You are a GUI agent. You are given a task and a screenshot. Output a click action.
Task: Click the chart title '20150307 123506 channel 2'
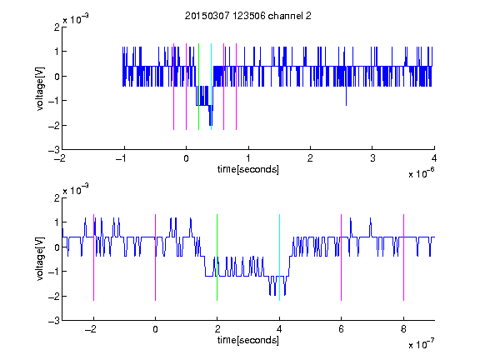point(248,16)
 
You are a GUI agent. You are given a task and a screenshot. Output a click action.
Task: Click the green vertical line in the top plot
point(198,87)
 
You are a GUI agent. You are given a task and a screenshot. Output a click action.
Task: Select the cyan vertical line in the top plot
point(211,87)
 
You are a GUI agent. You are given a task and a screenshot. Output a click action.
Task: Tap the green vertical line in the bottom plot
point(217,257)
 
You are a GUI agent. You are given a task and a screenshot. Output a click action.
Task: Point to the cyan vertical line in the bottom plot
point(279,257)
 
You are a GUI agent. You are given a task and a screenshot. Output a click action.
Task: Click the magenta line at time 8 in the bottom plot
point(404,257)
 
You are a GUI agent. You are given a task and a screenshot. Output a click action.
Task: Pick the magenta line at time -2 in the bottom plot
point(93,257)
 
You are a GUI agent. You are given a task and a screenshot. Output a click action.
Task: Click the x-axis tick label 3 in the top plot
point(372,158)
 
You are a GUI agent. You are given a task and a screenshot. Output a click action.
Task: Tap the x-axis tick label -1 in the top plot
point(122,158)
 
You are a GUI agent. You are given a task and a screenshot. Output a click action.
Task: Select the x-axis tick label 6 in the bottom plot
point(342,329)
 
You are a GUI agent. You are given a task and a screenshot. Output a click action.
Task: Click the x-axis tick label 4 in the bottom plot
point(279,329)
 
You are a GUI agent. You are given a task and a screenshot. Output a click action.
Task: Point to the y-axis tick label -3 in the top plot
point(54,150)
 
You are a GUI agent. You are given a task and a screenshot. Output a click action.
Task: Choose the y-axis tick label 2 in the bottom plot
point(57,197)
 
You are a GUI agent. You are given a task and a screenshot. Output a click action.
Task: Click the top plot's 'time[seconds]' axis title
point(248,169)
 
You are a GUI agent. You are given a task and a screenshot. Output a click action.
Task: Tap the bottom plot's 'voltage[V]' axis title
point(40,259)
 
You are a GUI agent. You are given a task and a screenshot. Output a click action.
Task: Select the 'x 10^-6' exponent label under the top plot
point(421,173)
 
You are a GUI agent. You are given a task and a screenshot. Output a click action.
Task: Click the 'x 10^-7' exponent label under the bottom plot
point(421,344)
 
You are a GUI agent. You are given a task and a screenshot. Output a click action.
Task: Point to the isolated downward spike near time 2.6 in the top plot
point(346,96)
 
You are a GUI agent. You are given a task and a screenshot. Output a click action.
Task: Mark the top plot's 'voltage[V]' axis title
point(40,88)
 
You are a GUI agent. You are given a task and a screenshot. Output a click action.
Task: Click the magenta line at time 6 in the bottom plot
point(342,257)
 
